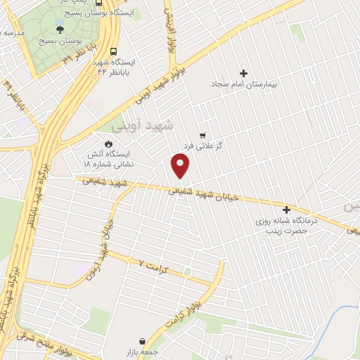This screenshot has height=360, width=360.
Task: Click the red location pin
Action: [181, 166]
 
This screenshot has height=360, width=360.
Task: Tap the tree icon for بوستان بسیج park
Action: [59, 30]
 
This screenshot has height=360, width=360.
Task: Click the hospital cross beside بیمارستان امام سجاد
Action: [244, 73]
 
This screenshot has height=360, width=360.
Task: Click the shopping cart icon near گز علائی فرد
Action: [202, 134]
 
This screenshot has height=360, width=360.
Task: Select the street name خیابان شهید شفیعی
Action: [204, 193]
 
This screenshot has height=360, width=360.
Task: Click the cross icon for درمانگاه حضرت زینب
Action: [286, 210]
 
